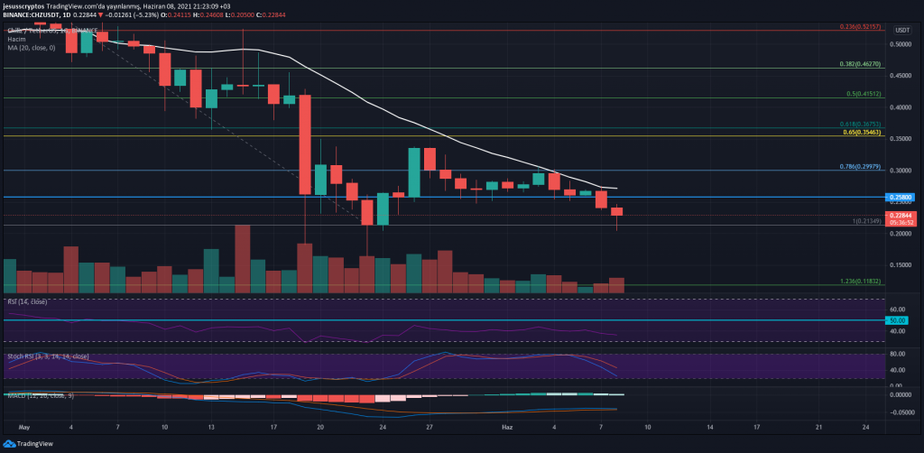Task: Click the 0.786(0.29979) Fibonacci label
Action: coord(859,167)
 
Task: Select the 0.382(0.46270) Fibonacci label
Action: coord(861,65)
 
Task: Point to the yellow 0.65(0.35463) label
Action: coord(861,133)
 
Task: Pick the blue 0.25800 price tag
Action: coord(903,197)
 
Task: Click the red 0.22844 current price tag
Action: coord(903,216)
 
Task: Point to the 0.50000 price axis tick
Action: coord(902,43)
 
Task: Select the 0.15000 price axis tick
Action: coord(902,265)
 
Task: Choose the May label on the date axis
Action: coord(24,424)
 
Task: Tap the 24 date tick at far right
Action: coord(866,424)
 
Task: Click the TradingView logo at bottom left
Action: coord(31,443)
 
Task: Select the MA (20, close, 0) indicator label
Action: coord(30,49)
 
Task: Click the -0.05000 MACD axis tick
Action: coord(903,411)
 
